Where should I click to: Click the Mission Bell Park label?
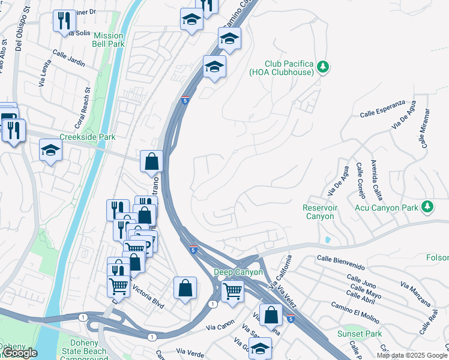[x=108, y=40]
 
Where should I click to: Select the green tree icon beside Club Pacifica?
[x=324, y=67]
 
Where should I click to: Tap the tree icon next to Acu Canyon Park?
[x=427, y=207]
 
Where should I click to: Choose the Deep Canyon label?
[x=238, y=272]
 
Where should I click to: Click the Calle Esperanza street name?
[x=382, y=109]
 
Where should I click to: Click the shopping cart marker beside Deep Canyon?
[x=232, y=292]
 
